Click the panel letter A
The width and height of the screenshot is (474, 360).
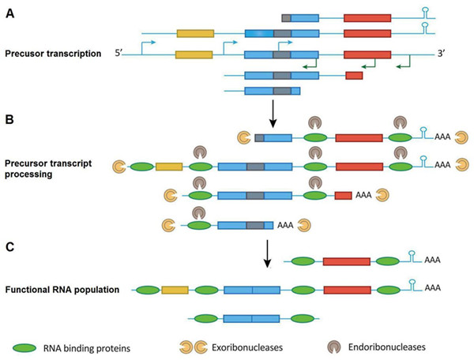coord(10,11)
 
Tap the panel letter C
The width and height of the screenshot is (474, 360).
coord(10,246)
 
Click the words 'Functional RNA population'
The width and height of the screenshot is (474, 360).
coord(62,290)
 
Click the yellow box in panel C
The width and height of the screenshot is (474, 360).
coord(175,291)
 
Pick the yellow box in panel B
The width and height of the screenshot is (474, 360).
coord(169,167)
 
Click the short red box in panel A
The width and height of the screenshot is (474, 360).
coord(354,76)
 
